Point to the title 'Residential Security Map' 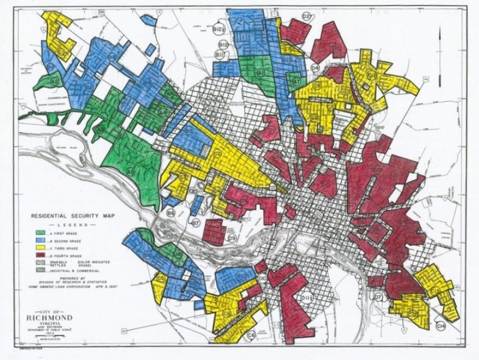(x=68, y=215)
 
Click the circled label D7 (x=378, y=297)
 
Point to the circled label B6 (x=171, y=213)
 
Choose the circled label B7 (x=195, y=222)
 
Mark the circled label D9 (x=232, y=238)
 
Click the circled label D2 (x=306, y=17)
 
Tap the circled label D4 (x=314, y=68)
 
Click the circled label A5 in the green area (x=130, y=172)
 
